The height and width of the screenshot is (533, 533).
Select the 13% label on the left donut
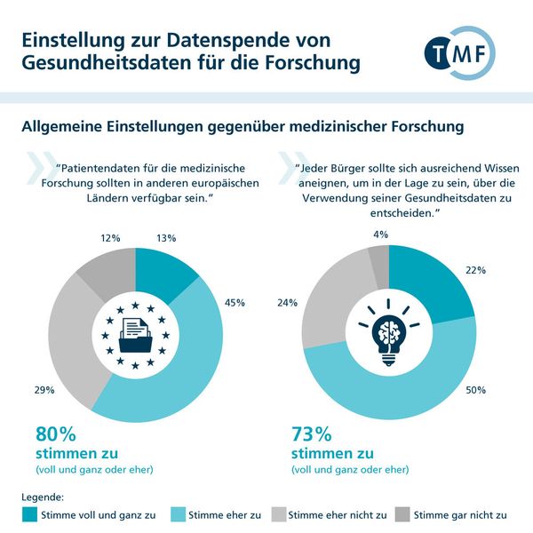pos(164,237)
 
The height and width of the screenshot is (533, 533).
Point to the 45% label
pos(236,301)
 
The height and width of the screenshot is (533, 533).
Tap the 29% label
pos(44,389)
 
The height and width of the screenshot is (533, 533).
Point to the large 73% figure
pos(311,434)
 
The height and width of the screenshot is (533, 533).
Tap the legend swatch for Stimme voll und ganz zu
pos(30,513)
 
